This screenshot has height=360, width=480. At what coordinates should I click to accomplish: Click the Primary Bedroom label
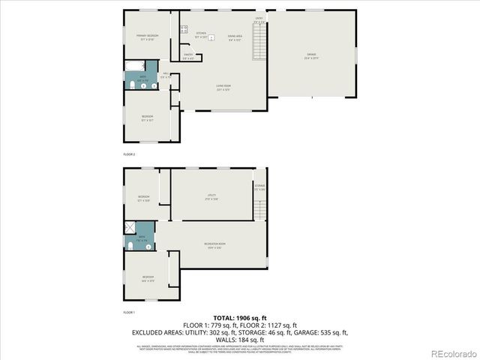tap(146, 37)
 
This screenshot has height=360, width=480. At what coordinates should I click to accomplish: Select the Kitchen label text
tap(201, 34)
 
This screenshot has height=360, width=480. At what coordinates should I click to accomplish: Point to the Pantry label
tap(189, 55)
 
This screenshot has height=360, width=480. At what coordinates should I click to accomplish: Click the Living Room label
tap(223, 87)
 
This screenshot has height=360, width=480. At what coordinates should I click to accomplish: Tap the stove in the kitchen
tap(183, 29)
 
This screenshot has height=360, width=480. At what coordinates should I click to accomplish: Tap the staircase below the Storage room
tap(259, 208)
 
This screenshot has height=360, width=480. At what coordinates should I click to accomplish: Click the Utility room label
tap(212, 196)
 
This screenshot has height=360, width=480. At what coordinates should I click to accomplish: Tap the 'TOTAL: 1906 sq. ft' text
tap(239, 318)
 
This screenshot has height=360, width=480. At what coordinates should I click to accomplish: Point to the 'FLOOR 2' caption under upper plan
tap(129, 153)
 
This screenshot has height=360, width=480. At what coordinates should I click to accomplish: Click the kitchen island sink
tap(212, 37)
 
